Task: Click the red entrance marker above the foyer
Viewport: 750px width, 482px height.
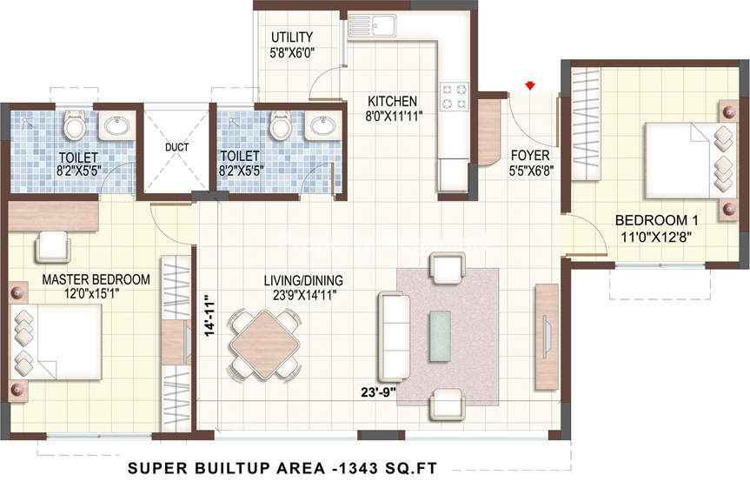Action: tap(529, 85)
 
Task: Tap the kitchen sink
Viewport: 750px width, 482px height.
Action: tap(372, 26)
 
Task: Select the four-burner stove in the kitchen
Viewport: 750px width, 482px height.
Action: tap(454, 97)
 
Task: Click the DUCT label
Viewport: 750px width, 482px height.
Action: tap(177, 147)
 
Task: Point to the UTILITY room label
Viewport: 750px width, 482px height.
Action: tap(292, 37)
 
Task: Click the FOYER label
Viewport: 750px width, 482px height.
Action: tap(530, 156)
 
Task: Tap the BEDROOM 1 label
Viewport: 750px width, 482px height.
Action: tap(656, 221)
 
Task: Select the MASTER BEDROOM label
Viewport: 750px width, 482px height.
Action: tap(96, 279)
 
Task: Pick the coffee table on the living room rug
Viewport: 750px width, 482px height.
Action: tap(440, 336)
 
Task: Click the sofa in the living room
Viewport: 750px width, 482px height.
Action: tap(395, 337)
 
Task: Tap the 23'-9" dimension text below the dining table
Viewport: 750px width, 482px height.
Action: tap(379, 392)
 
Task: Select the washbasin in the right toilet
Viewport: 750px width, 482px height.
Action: tap(323, 126)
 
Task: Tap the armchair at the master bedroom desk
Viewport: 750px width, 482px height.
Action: tap(52, 247)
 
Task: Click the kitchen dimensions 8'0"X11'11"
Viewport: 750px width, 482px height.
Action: tap(394, 117)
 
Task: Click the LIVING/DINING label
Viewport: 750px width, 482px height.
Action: tap(303, 280)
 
